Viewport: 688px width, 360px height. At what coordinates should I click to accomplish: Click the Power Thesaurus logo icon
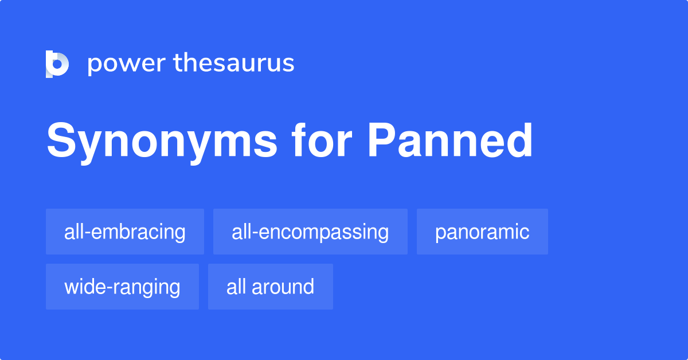(x=57, y=64)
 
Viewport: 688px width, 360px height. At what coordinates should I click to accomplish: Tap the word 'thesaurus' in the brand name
(x=234, y=64)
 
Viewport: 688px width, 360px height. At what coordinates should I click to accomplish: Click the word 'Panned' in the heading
(x=450, y=141)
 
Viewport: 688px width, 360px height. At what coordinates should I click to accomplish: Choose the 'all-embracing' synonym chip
(x=125, y=232)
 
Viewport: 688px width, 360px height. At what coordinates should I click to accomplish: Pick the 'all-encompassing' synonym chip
(x=310, y=232)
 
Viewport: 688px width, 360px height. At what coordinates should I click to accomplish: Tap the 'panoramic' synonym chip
(x=482, y=232)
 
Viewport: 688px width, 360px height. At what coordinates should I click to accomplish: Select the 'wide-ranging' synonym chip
(x=122, y=287)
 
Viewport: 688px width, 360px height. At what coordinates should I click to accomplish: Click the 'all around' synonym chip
(x=270, y=287)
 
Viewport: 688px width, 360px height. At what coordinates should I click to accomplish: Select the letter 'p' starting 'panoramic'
(x=440, y=234)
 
